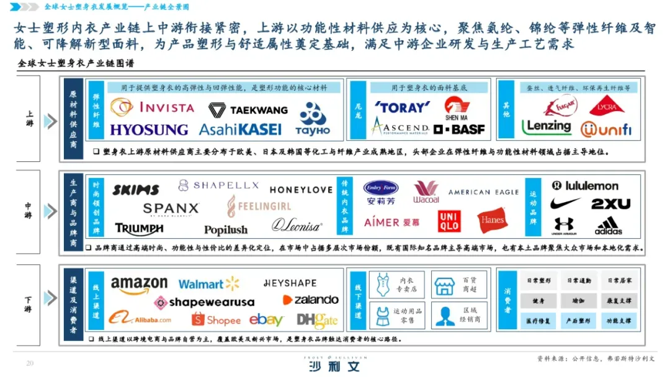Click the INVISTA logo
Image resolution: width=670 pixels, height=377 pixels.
pos(153,107)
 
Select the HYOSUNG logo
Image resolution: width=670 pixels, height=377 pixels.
pos(149,130)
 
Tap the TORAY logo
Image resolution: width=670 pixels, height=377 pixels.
pos(402,107)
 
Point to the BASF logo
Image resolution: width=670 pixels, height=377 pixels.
pos(459,129)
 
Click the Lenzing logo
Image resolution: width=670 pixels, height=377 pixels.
pos(546,126)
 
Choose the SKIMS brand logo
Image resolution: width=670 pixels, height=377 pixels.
pos(135,190)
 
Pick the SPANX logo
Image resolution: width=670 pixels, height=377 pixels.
pos(171,209)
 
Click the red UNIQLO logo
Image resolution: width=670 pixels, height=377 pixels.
pos(449,221)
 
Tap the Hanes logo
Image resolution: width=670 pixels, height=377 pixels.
pos(492,220)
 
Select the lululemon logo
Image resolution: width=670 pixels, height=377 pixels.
pos(584,185)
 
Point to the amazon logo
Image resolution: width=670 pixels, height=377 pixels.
pos(139,285)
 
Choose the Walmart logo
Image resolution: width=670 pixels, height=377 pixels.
pos(208,284)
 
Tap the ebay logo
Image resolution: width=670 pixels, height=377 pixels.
pos(266,320)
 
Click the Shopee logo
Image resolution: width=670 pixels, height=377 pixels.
pos(215,320)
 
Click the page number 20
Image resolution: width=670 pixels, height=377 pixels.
pos(29,363)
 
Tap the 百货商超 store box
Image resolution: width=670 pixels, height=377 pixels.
pos(459,285)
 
